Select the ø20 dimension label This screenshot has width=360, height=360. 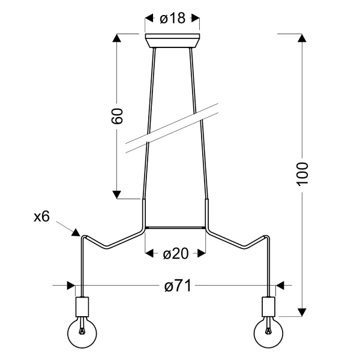pos(175,254)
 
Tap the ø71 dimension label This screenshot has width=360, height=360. pos(177,286)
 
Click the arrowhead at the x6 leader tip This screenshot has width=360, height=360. pos(76,232)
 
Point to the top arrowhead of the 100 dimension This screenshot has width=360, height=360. pos(302,38)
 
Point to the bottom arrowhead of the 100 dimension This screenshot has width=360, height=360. pos(302,312)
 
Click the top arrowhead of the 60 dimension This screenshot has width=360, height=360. pos(118,38)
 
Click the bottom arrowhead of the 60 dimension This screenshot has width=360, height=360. pos(118,193)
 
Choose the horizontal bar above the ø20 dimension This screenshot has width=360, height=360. pos(175,229)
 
